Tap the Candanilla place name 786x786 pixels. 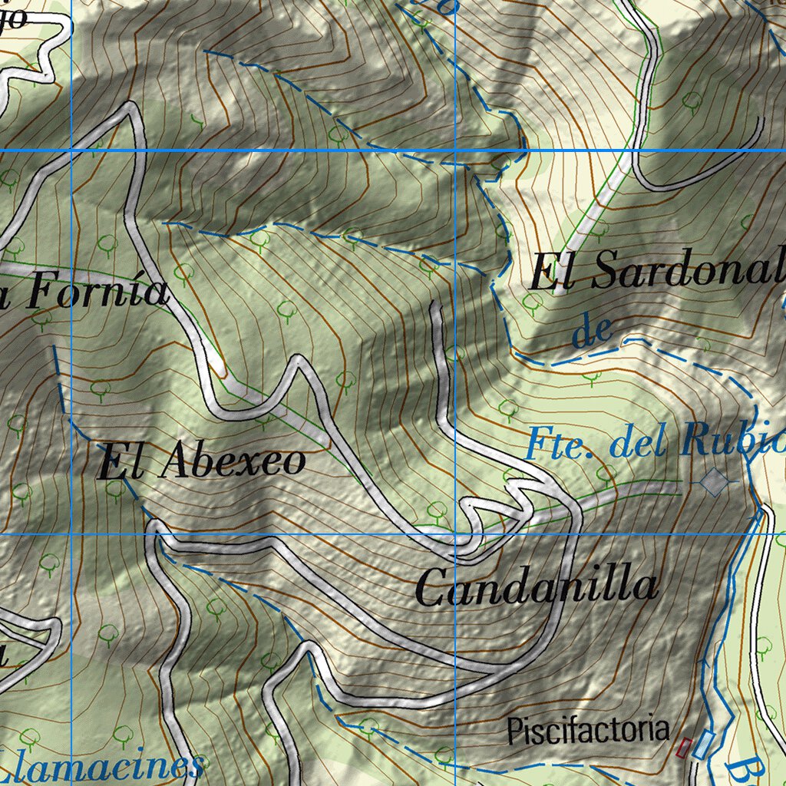(537, 588)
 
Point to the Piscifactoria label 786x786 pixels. (588, 730)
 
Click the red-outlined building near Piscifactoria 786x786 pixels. (683, 747)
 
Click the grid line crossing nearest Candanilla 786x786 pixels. (456, 533)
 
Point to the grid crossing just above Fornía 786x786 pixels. (71, 150)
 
